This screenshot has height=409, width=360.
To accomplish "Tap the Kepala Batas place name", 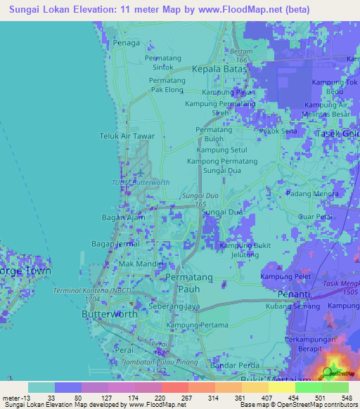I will tap(220, 70).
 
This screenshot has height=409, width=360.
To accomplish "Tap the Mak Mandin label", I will tap(141, 264).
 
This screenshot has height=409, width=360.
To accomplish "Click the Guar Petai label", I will tap(315, 218).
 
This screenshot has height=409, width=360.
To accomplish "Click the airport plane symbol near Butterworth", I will tap(139, 171).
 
